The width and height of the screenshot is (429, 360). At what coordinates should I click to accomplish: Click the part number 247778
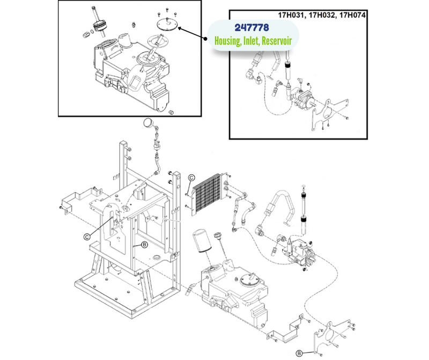(x=252, y=28)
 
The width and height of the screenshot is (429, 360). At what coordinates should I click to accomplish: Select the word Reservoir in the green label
(x=277, y=41)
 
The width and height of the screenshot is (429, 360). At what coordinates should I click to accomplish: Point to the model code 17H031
(x=291, y=15)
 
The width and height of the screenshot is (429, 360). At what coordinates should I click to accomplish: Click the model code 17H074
(x=352, y=15)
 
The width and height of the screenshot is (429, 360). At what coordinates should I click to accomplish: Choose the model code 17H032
(x=321, y=15)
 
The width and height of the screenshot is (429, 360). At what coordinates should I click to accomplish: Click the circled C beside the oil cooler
(x=191, y=178)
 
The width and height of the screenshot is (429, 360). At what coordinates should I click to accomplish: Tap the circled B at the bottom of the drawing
(x=299, y=354)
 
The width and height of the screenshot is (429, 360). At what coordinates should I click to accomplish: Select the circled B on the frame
(x=144, y=245)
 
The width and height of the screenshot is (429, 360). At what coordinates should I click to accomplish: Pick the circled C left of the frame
(x=87, y=237)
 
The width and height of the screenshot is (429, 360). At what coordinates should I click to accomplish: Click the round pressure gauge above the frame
(x=149, y=123)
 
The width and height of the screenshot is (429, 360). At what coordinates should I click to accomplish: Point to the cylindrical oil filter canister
(x=202, y=241)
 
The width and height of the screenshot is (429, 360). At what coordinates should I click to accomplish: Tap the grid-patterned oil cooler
(x=206, y=194)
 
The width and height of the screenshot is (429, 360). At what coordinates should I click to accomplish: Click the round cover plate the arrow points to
(x=167, y=24)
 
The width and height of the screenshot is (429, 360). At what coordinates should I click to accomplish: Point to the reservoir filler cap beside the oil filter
(x=218, y=236)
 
